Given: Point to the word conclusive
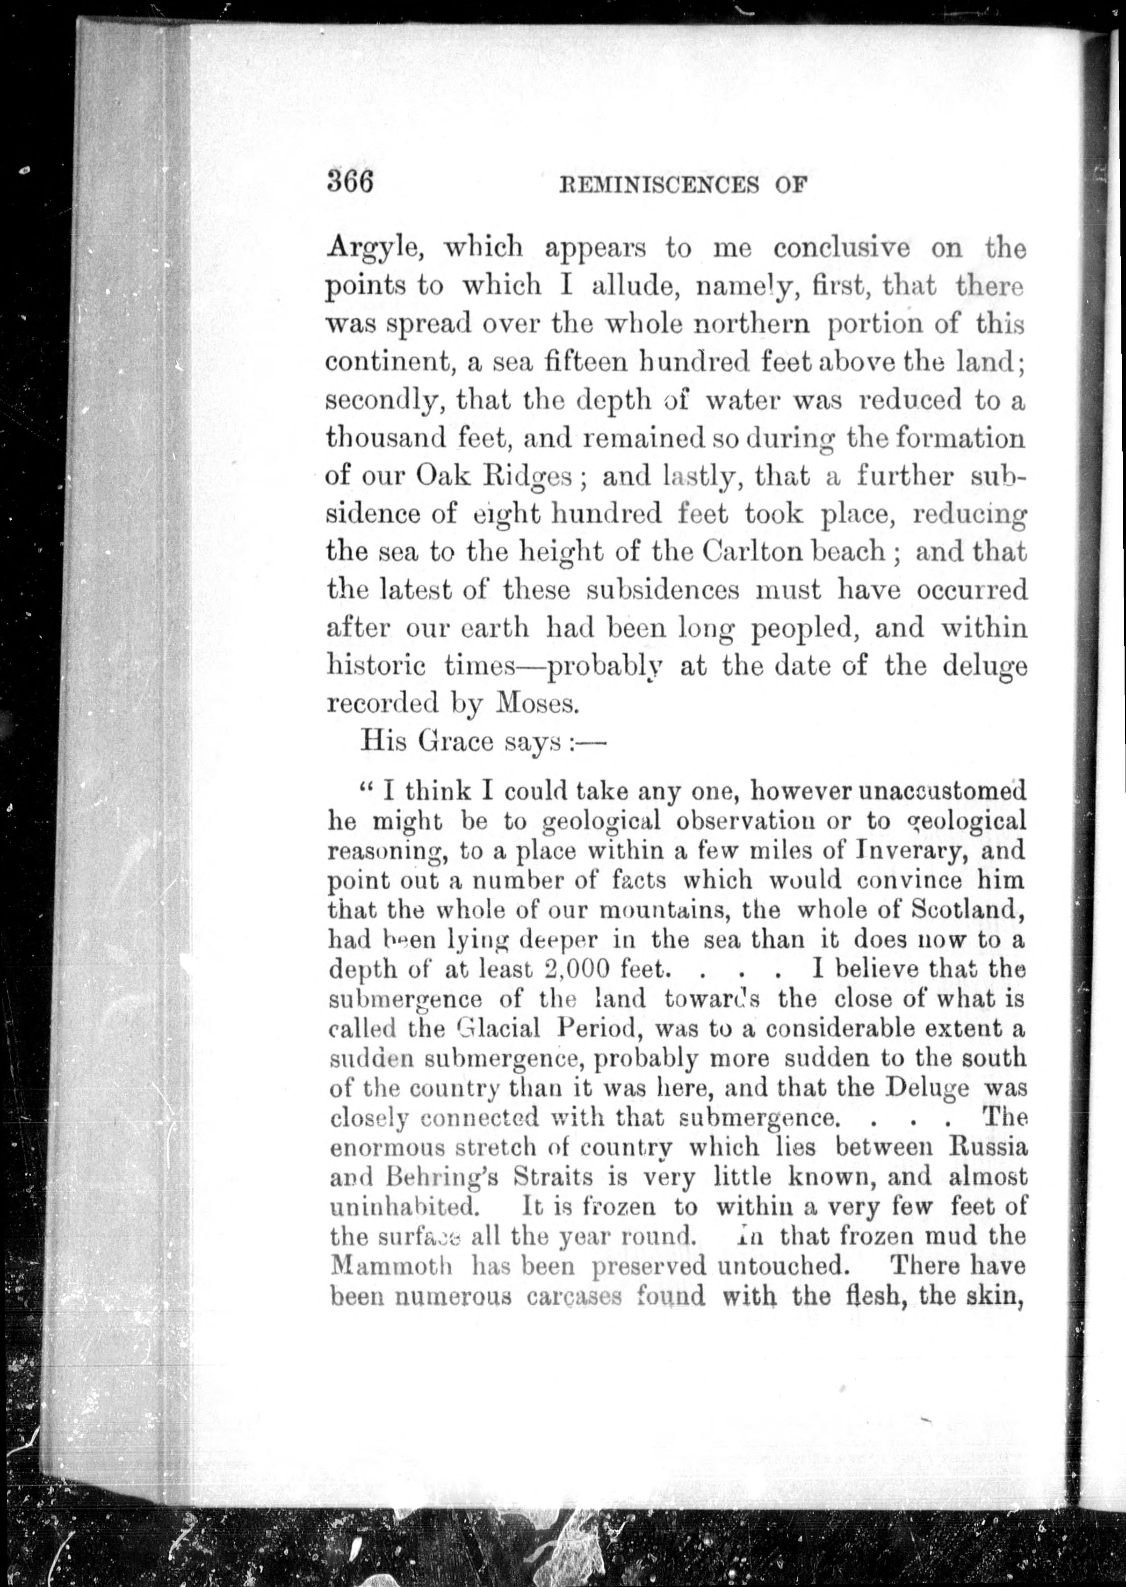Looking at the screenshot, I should point(842,248).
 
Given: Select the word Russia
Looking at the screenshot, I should point(987,1147).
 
